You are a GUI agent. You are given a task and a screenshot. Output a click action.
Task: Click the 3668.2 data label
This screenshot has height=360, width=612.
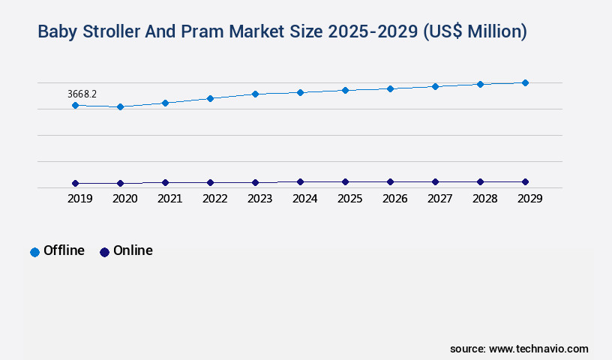[x=82, y=94]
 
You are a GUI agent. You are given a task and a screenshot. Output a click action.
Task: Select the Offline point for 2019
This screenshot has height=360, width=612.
[x=75, y=106]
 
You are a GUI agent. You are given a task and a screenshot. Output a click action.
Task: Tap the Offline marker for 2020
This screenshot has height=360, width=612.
[x=120, y=107]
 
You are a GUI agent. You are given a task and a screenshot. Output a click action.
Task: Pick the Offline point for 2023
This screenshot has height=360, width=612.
[x=255, y=94]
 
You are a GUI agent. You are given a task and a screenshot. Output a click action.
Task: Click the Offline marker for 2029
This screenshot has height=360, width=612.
[x=525, y=82]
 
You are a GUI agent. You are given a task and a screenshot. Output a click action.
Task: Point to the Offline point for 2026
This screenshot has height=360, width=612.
[x=390, y=88]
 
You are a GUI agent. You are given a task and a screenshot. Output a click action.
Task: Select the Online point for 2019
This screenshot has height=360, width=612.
[x=75, y=183]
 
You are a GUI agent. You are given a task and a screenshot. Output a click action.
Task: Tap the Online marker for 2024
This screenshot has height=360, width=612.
[x=300, y=181]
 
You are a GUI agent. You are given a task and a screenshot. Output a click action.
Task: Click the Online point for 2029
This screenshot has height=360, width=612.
[x=525, y=181]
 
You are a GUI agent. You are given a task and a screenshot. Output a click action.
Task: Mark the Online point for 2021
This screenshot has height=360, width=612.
[x=165, y=182]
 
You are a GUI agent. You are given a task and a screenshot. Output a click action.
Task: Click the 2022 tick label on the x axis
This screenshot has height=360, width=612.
[x=214, y=199]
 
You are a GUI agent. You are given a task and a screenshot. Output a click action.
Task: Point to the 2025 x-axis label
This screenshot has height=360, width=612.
[x=349, y=199]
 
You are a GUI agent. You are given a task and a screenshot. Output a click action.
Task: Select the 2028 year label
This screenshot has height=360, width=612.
[x=484, y=199]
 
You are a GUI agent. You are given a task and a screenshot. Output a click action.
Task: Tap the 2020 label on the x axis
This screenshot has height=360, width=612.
[x=124, y=199]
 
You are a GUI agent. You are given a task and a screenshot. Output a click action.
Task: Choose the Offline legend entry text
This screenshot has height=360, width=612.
[x=64, y=250]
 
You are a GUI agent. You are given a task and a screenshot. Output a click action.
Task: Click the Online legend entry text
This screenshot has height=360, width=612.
[x=133, y=250]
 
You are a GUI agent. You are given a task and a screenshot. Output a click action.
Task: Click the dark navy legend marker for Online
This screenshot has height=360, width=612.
[x=104, y=252]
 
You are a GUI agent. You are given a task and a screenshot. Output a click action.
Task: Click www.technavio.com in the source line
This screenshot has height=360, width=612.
[x=538, y=349]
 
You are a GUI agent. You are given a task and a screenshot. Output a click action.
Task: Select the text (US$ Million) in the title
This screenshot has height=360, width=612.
[x=475, y=31]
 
